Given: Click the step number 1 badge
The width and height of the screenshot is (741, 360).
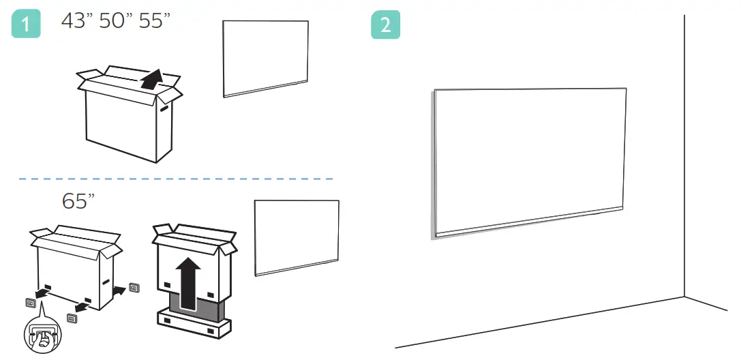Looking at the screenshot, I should click(27, 25).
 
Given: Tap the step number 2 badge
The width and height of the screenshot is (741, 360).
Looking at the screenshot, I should click(385, 25).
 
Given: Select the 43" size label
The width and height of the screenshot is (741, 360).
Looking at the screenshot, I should click(75, 21).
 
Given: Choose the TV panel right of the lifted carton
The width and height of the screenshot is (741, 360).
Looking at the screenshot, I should click(297, 237).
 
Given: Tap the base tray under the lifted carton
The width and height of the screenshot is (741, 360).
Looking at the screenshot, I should click(194, 325).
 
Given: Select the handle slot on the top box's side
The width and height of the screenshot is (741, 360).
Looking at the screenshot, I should click(164, 108).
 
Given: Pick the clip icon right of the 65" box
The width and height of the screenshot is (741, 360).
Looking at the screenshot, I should click(134, 288).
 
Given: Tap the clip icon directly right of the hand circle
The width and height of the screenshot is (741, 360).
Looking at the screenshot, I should click(72, 318).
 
